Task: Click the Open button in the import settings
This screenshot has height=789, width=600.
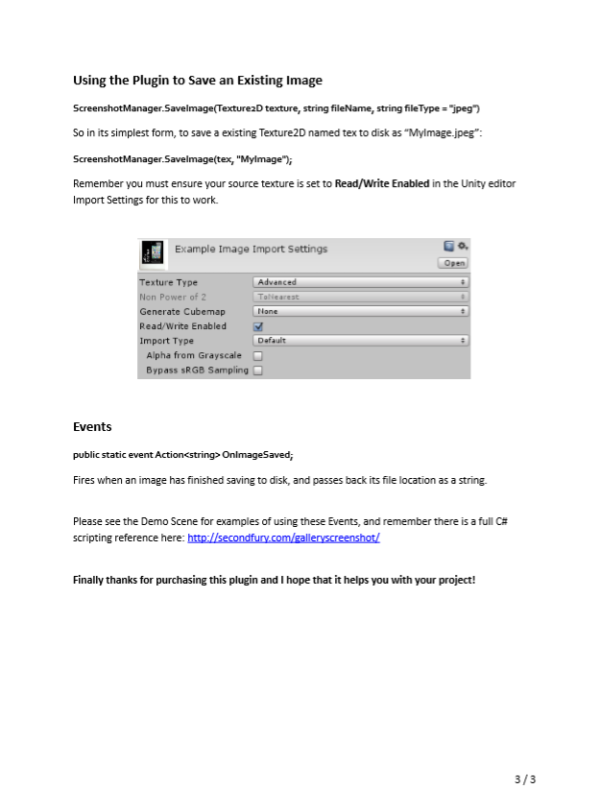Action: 453,263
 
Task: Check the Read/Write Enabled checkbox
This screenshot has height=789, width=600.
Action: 257,326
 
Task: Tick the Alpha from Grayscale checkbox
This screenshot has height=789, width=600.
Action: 257,356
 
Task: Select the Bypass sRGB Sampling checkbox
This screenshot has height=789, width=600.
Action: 257,371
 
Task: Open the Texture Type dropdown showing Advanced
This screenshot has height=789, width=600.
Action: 361,282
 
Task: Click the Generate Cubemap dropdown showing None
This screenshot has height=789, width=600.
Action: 361,311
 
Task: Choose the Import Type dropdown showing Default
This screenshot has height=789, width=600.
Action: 361,341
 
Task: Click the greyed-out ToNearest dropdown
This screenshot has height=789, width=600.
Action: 361,297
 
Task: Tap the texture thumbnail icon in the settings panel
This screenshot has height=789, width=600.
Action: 152,251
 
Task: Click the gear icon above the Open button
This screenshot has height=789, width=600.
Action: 463,247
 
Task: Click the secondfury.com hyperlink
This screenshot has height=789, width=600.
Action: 283,538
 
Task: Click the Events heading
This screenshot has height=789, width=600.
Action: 92,427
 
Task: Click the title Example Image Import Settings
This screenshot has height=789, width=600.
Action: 251,250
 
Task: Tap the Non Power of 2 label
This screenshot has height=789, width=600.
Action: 173,297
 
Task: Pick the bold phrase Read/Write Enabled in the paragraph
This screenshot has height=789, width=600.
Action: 381,183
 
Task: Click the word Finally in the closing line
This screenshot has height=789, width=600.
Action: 90,580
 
